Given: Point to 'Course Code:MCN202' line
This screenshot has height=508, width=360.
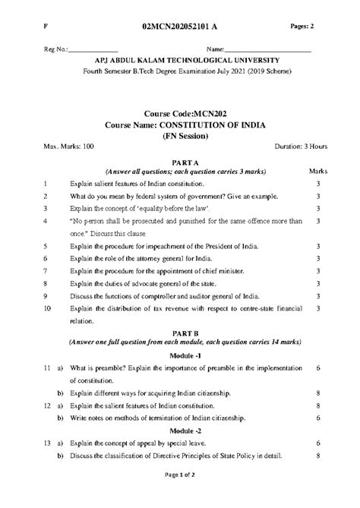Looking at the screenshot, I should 180,113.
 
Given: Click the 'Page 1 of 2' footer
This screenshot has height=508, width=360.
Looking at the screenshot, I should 180,494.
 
